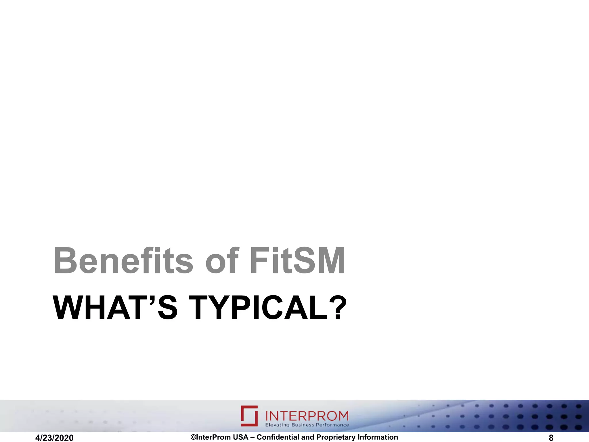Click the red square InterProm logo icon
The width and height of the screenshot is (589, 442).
pyautogui.click(x=249, y=416)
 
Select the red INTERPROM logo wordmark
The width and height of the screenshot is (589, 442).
pyautogui.click(x=307, y=416)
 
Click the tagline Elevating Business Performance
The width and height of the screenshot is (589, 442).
pyautogui.click(x=307, y=425)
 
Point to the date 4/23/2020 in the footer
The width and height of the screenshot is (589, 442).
pyautogui.click(x=54, y=438)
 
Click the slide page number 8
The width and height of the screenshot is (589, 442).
pyautogui.click(x=551, y=438)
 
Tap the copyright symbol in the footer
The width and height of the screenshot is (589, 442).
pyautogui.click(x=193, y=437)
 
